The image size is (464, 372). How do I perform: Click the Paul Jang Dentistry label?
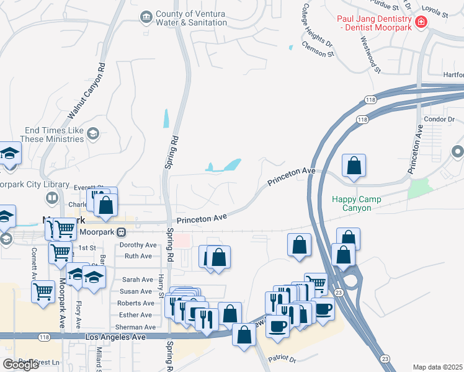375,23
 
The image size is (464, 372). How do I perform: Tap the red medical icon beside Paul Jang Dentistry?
422,23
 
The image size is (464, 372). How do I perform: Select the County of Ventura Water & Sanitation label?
191,19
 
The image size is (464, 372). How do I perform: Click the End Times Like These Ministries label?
55,135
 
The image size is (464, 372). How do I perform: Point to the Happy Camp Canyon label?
360,203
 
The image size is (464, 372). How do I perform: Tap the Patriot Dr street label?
283,359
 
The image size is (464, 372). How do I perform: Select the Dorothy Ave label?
138,245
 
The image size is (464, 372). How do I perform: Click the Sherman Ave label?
135,327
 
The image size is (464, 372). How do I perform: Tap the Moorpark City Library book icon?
52,198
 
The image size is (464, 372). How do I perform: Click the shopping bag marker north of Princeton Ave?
354,166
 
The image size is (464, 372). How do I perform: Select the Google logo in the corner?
20,365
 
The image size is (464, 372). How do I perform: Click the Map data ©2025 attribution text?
437,367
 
